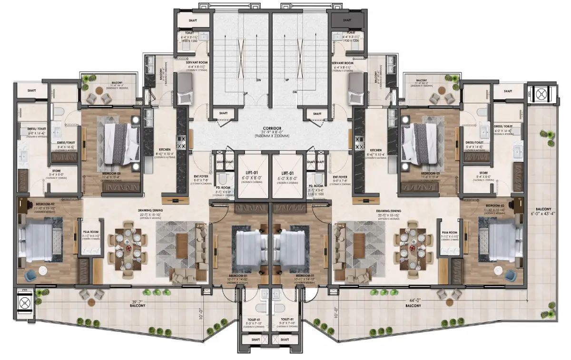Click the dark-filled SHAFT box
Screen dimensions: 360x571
(x=346, y=20)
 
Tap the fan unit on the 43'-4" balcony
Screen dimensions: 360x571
(x=541, y=94)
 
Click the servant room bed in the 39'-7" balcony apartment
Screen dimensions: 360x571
(x=184, y=90)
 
